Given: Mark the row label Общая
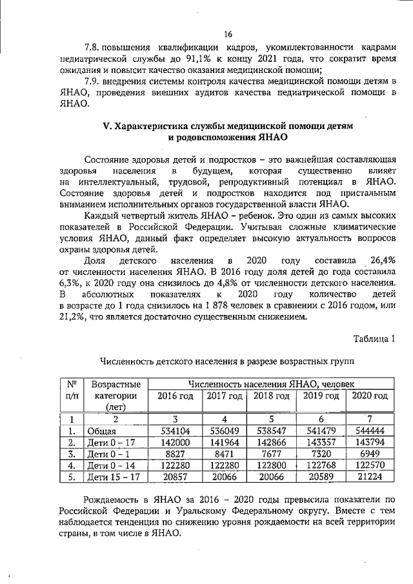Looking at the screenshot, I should (103, 431).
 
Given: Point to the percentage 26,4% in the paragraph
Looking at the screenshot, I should (383, 259).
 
